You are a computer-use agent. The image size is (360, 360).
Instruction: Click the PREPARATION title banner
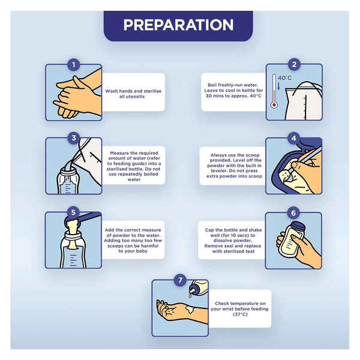click(178, 26)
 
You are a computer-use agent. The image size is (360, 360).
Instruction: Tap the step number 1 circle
click(73, 65)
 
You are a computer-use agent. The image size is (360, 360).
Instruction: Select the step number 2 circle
click(294, 65)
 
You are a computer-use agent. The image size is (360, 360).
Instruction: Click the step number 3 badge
click(73, 138)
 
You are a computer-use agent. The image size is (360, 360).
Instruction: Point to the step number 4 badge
click(293, 138)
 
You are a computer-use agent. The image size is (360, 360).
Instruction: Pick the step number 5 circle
click(73, 212)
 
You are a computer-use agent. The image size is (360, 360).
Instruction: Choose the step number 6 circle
click(293, 213)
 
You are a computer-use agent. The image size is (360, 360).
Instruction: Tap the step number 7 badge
click(180, 280)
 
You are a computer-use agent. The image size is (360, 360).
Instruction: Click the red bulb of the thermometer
click(274, 105)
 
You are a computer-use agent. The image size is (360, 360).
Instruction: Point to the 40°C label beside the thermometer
click(284, 78)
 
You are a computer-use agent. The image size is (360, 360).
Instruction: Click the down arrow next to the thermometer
click(279, 86)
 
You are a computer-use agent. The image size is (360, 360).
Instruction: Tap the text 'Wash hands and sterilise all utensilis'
click(133, 94)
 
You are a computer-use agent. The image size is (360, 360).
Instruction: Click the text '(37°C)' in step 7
click(240, 314)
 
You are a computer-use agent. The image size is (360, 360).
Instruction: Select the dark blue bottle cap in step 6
click(298, 227)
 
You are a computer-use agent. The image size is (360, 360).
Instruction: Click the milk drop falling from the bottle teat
click(190, 295)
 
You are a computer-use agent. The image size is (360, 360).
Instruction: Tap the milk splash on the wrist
click(190, 309)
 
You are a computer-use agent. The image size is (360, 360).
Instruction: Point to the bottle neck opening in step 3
click(68, 171)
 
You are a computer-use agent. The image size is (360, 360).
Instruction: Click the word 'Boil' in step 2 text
click(212, 85)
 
